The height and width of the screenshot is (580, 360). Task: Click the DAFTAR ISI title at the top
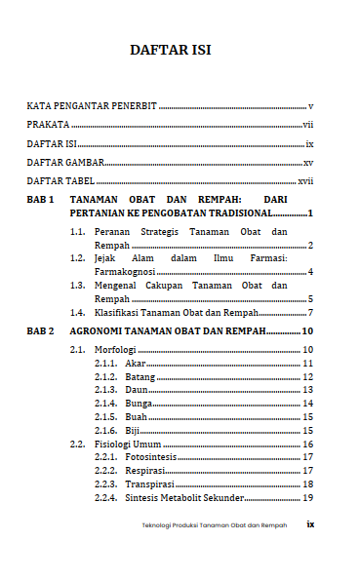(x=171, y=51)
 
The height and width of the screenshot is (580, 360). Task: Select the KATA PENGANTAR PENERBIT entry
(x=92, y=105)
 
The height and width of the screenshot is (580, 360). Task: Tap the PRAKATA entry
(x=48, y=125)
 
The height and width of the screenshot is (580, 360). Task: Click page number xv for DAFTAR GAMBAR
(x=307, y=163)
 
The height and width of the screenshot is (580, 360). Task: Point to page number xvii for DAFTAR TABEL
(x=305, y=181)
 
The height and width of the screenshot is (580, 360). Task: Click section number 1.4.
(x=78, y=313)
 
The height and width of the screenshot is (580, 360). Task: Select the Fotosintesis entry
(x=151, y=457)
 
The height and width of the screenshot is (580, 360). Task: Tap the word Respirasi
(x=144, y=471)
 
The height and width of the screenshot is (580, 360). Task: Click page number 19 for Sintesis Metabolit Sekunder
(x=306, y=498)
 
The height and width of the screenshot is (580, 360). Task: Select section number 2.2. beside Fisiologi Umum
(x=78, y=444)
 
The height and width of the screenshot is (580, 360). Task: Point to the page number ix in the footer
(x=310, y=524)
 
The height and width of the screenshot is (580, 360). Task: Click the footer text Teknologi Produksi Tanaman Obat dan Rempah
(x=215, y=525)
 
